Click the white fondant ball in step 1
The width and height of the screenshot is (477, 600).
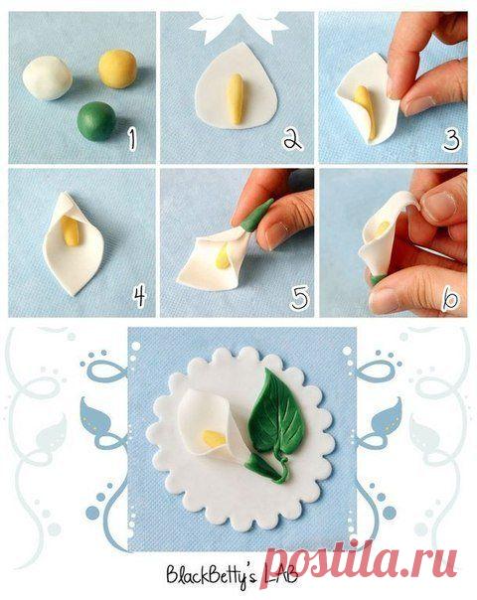[47, 78]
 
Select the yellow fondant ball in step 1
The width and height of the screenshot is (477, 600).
[117, 69]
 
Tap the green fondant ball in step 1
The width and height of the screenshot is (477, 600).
[96, 121]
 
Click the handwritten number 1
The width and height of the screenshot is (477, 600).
[132, 139]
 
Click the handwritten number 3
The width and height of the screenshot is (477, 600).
[451, 140]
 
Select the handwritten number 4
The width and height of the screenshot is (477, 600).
[139, 296]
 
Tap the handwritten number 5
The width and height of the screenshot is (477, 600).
[299, 298]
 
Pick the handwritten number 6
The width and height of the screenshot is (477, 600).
[450, 299]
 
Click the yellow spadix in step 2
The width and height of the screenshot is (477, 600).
[236, 99]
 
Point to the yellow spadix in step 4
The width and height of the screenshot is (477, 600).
[71, 231]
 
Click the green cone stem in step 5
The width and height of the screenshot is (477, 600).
[256, 216]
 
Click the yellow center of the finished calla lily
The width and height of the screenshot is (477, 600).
[214, 438]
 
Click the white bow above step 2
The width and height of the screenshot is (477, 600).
[238, 24]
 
